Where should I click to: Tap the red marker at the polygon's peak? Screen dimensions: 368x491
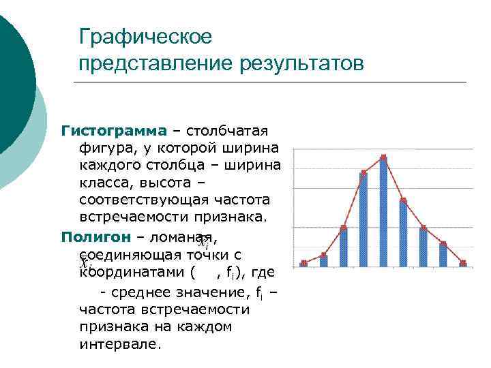pyautogui.click(x=383, y=157)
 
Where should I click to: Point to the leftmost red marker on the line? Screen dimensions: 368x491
pyautogui.click(x=303, y=262)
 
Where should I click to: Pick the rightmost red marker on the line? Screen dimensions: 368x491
pyautogui.click(x=463, y=262)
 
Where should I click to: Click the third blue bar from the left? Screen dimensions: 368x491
pyautogui.click(x=343, y=246)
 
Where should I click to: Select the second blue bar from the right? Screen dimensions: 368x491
pyautogui.click(x=443, y=254)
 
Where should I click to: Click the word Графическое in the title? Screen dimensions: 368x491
pyautogui.click(x=146, y=35)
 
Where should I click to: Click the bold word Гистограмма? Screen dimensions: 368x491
pyautogui.click(x=113, y=129)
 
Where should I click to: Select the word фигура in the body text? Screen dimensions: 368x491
pyautogui.click(x=102, y=147)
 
